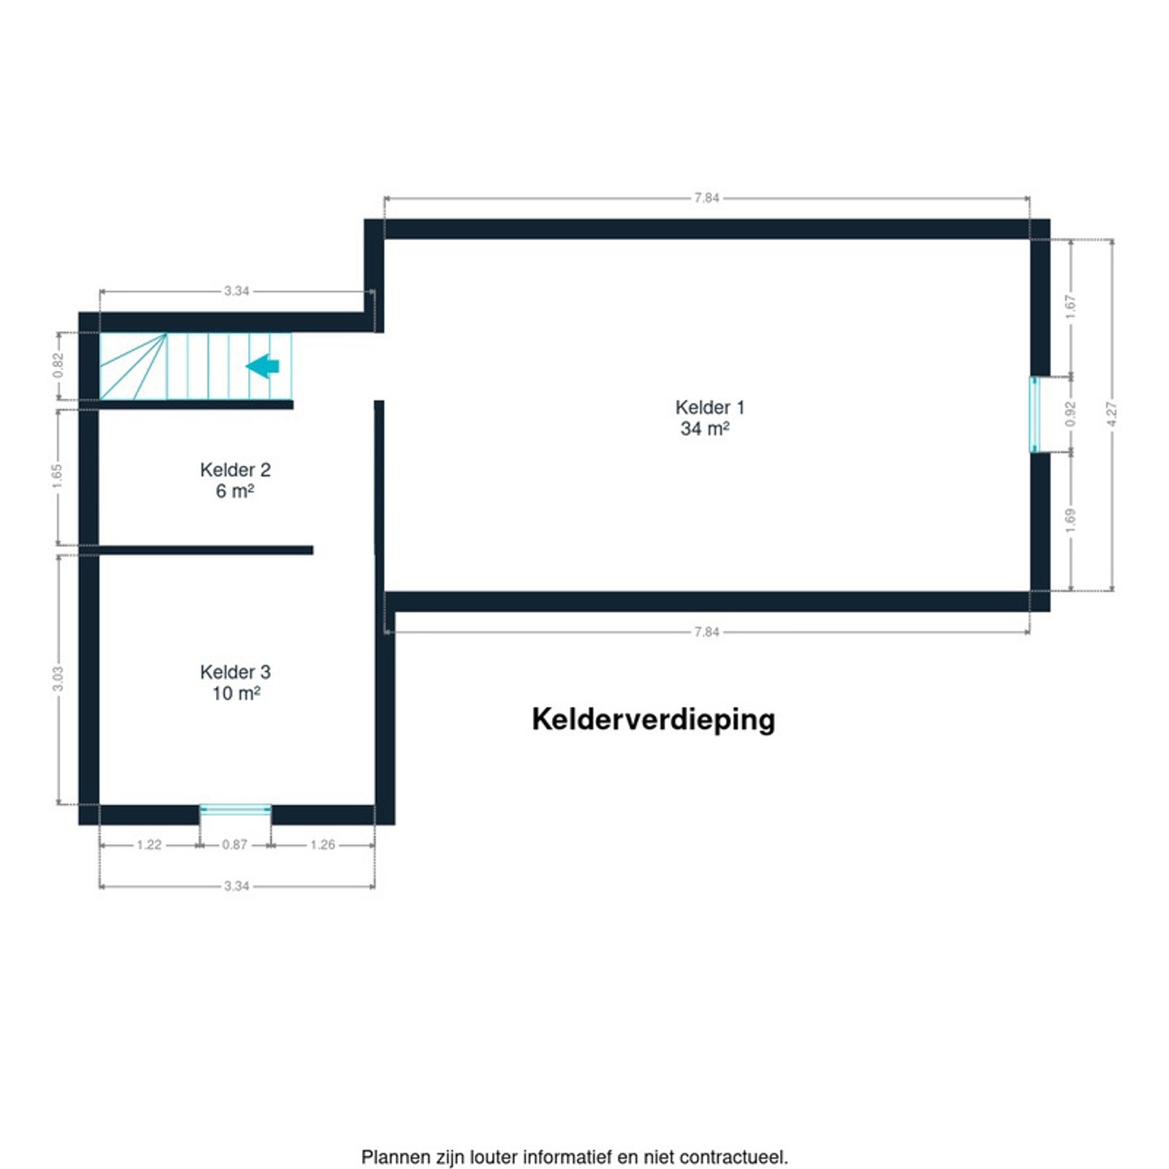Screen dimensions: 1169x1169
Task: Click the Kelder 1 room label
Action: point(710,407)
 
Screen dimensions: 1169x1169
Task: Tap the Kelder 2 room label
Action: point(235,469)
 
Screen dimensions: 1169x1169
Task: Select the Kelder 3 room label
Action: point(235,671)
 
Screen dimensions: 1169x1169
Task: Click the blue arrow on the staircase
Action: point(262,366)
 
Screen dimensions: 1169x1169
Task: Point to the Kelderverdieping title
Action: point(654,720)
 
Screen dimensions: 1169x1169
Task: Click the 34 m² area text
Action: point(705,429)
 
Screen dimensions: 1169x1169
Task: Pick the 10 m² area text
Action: point(236,692)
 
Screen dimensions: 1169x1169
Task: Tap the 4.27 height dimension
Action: point(1112,414)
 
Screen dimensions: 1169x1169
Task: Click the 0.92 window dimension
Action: point(1071,414)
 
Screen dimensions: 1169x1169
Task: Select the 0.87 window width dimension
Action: point(235,844)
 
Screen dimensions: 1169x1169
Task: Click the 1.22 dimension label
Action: point(149,844)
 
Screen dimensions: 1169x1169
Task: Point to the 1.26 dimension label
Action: point(323,844)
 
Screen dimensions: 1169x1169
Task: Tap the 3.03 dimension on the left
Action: point(58,679)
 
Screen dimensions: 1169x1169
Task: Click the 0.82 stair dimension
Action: point(58,365)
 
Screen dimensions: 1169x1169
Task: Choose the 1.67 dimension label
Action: point(1071,307)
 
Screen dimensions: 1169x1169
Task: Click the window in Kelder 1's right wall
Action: point(1034,414)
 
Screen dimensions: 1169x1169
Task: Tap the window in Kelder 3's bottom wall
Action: point(235,809)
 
